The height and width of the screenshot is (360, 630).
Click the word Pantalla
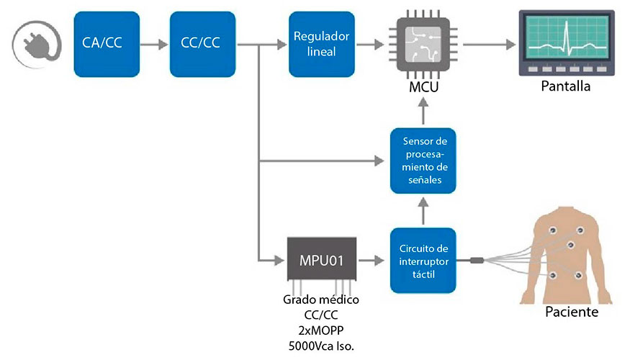coord(567,86)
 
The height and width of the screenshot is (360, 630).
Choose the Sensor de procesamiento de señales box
coord(423,161)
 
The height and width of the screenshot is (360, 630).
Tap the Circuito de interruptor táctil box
coord(423,259)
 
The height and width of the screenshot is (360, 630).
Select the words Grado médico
coord(322,299)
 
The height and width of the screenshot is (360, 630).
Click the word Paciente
coord(572,312)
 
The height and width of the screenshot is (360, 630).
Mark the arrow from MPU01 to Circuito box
coord(372,259)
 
